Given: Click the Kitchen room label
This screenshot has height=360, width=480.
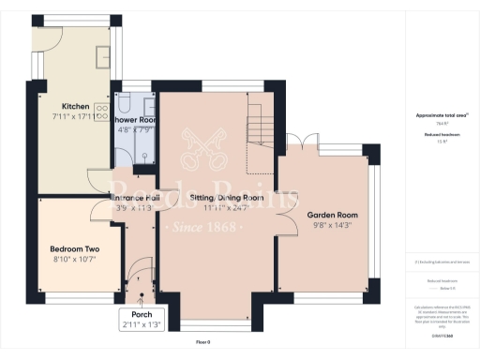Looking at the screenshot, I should pos(75,107).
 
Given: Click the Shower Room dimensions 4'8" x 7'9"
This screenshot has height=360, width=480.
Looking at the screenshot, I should pos(134,131).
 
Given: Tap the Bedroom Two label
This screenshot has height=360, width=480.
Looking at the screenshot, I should pos(75,248).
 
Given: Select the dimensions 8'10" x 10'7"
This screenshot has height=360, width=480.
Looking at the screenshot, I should pos(75,259).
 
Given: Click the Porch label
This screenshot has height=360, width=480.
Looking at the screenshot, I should pos(142,314).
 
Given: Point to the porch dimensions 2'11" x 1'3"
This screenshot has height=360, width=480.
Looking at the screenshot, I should pos(142,324).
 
